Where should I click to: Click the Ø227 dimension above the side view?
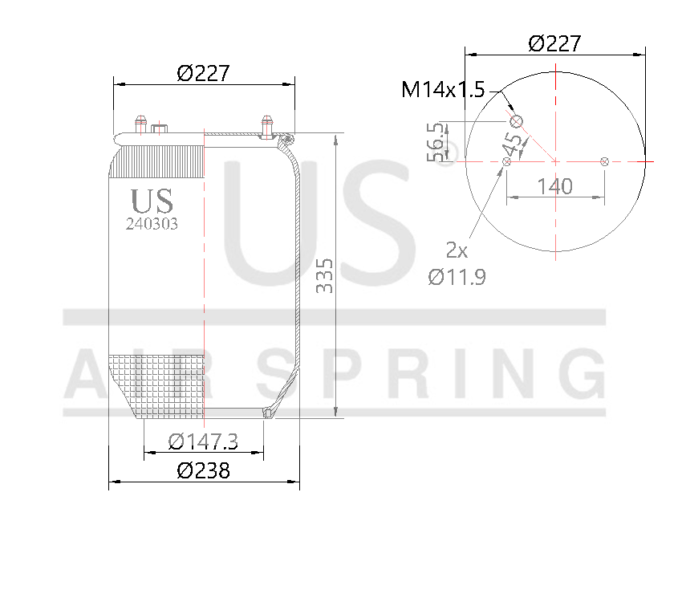coord(203,73)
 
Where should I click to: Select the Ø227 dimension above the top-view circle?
coord(554,43)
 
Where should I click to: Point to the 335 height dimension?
coord(325,275)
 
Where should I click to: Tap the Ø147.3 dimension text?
coord(203,441)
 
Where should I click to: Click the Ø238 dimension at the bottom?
coord(203,470)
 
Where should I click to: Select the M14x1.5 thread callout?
coord(443,89)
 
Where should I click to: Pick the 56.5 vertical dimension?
coord(437,142)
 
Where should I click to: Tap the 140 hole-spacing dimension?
coord(554,186)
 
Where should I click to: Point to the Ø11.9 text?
coord(457,277)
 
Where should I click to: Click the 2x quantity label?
coord(457,250)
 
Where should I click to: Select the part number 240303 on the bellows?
coord(152,225)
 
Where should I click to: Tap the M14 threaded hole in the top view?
coord(516,121)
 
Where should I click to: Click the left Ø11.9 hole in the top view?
coord(505,162)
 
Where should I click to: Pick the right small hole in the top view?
coord(605,162)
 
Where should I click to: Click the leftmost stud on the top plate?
coord(140,125)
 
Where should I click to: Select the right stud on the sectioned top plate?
coord(266,126)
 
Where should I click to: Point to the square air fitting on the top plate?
coord(160,130)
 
